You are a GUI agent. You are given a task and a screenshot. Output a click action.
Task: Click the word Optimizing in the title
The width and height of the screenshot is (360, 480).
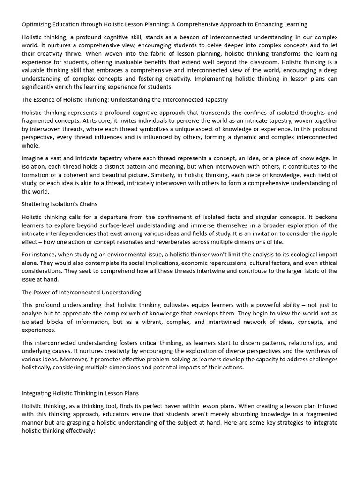(37, 24)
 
